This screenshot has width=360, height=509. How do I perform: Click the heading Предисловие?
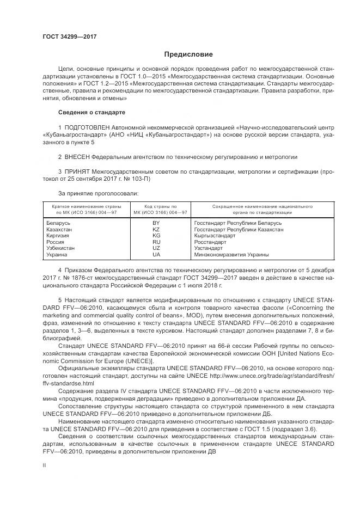(x=188, y=54)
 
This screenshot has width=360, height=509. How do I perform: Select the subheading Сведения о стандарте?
(x=91, y=112)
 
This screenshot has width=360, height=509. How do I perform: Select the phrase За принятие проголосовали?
(x=94, y=193)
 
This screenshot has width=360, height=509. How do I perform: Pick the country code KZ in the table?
(x=156, y=230)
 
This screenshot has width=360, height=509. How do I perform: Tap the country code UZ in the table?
(x=156, y=248)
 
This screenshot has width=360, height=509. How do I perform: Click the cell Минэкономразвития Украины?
(x=231, y=254)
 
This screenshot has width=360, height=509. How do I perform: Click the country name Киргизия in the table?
(x=59, y=236)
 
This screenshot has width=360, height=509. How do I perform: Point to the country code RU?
(x=156, y=242)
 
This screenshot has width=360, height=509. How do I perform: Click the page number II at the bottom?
(x=44, y=466)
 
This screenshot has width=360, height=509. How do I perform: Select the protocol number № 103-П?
(x=139, y=179)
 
